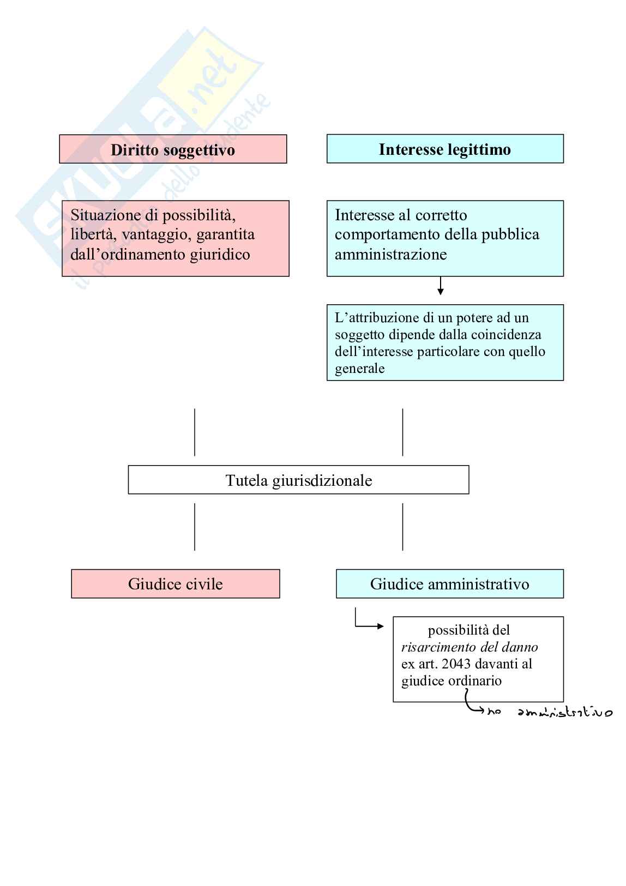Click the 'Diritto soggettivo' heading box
click(173, 149)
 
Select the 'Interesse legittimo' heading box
click(445, 149)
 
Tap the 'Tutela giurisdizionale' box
click(298, 480)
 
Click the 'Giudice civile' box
click(175, 584)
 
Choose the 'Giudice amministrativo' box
click(449, 584)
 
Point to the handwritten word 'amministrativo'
click(565, 712)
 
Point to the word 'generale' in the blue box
click(359, 369)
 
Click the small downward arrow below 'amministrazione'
click(441, 286)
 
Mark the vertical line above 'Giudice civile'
click(195, 527)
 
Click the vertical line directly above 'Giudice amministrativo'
click(402, 527)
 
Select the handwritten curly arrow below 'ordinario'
click(472, 703)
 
